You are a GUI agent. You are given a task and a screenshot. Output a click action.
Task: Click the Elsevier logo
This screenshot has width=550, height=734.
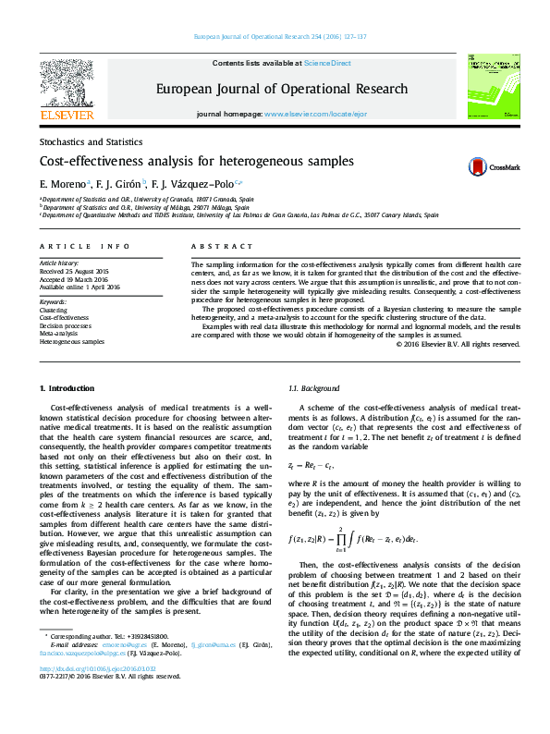pyautogui.click(x=67, y=89)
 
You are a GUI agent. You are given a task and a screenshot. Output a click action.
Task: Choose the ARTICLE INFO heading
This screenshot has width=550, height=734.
pyautogui.click(x=85, y=247)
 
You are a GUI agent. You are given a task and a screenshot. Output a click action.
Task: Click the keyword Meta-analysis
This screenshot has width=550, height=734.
pyautogui.click(x=59, y=334)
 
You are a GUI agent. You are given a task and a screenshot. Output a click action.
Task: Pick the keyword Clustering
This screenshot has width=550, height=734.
pyautogui.click(x=54, y=310)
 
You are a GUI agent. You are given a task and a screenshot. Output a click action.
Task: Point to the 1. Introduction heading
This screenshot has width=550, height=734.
pyautogui.click(x=70, y=388)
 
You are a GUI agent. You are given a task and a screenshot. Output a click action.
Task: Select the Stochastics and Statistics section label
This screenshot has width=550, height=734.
pyautogui.click(x=91, y=142)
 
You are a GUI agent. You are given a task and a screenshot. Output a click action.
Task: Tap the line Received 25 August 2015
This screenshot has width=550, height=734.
pyautogui.click(x=74, y=271)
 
